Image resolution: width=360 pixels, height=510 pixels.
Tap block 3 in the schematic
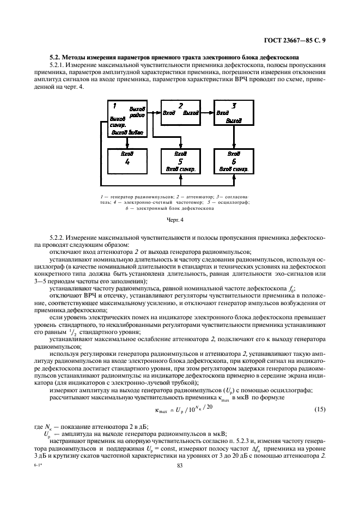click(x=234, y=112)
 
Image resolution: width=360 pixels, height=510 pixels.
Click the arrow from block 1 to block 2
click(x=154, y=113)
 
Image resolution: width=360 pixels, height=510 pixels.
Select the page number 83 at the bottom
click(x=179, y=465)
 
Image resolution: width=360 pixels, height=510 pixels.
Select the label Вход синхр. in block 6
click(x=234, y=169)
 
